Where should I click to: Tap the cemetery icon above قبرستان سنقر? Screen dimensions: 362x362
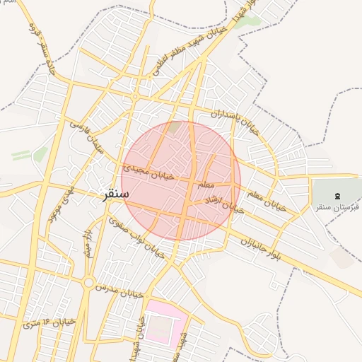click(337, 194)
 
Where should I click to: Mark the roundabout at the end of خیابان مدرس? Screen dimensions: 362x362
click(88, 283)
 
